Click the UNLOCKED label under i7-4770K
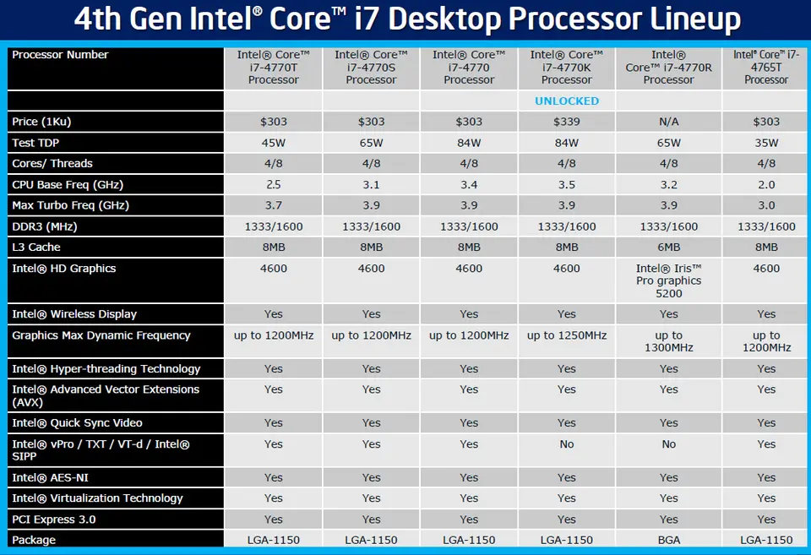[567, 101]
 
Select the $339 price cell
[567, 122]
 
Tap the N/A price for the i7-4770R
[668, 122]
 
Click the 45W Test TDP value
[274, 143]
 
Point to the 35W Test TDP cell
[766, 143]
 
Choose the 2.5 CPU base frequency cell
[274, 184]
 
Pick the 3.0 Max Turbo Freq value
[766, 205]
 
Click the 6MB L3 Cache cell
[668, 247]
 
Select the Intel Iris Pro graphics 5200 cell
[668, 280]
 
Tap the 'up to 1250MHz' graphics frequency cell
[567, 335]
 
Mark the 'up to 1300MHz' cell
[668, 341]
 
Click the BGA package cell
[668, 540]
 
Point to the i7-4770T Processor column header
[274, 68]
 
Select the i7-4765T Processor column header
[766, 68]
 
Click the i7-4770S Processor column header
[371, 68]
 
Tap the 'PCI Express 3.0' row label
[53, 519]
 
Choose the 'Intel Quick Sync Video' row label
[77, 422]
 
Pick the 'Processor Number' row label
[60, 55]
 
